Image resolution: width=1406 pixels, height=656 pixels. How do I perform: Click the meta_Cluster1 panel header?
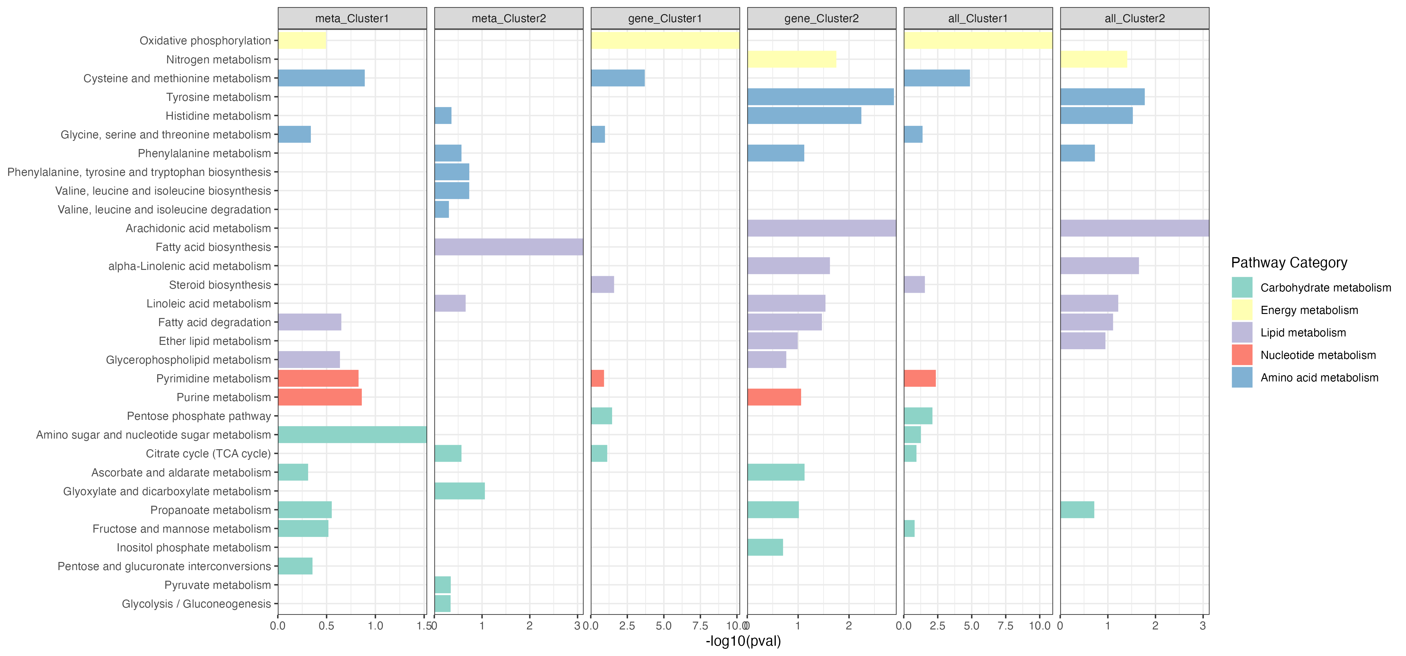(x=352, y=18)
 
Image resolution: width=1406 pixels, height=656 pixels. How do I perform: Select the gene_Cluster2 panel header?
(x=821, y=18)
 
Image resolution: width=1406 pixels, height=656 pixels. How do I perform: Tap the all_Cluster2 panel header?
(x=1134, y=18)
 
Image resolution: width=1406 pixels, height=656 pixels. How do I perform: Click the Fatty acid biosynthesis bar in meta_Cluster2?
(x=509, y=247)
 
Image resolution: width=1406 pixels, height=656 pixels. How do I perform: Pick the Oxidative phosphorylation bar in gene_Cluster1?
(x=665, y=40)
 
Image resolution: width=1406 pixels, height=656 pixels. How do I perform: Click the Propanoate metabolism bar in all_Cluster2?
(x=1077, y=510)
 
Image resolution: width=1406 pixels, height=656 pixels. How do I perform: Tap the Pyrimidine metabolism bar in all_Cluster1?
(x=920, y=378)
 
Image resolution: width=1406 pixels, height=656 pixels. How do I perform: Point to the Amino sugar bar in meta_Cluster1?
(x=352, y=435)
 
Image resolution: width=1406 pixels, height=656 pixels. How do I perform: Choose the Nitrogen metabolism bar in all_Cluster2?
(x=1093, y=59)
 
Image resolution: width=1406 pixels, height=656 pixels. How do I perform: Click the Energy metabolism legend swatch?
(x=1242, y=310)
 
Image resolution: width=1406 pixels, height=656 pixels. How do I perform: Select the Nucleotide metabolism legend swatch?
(x=1242, y=355)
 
